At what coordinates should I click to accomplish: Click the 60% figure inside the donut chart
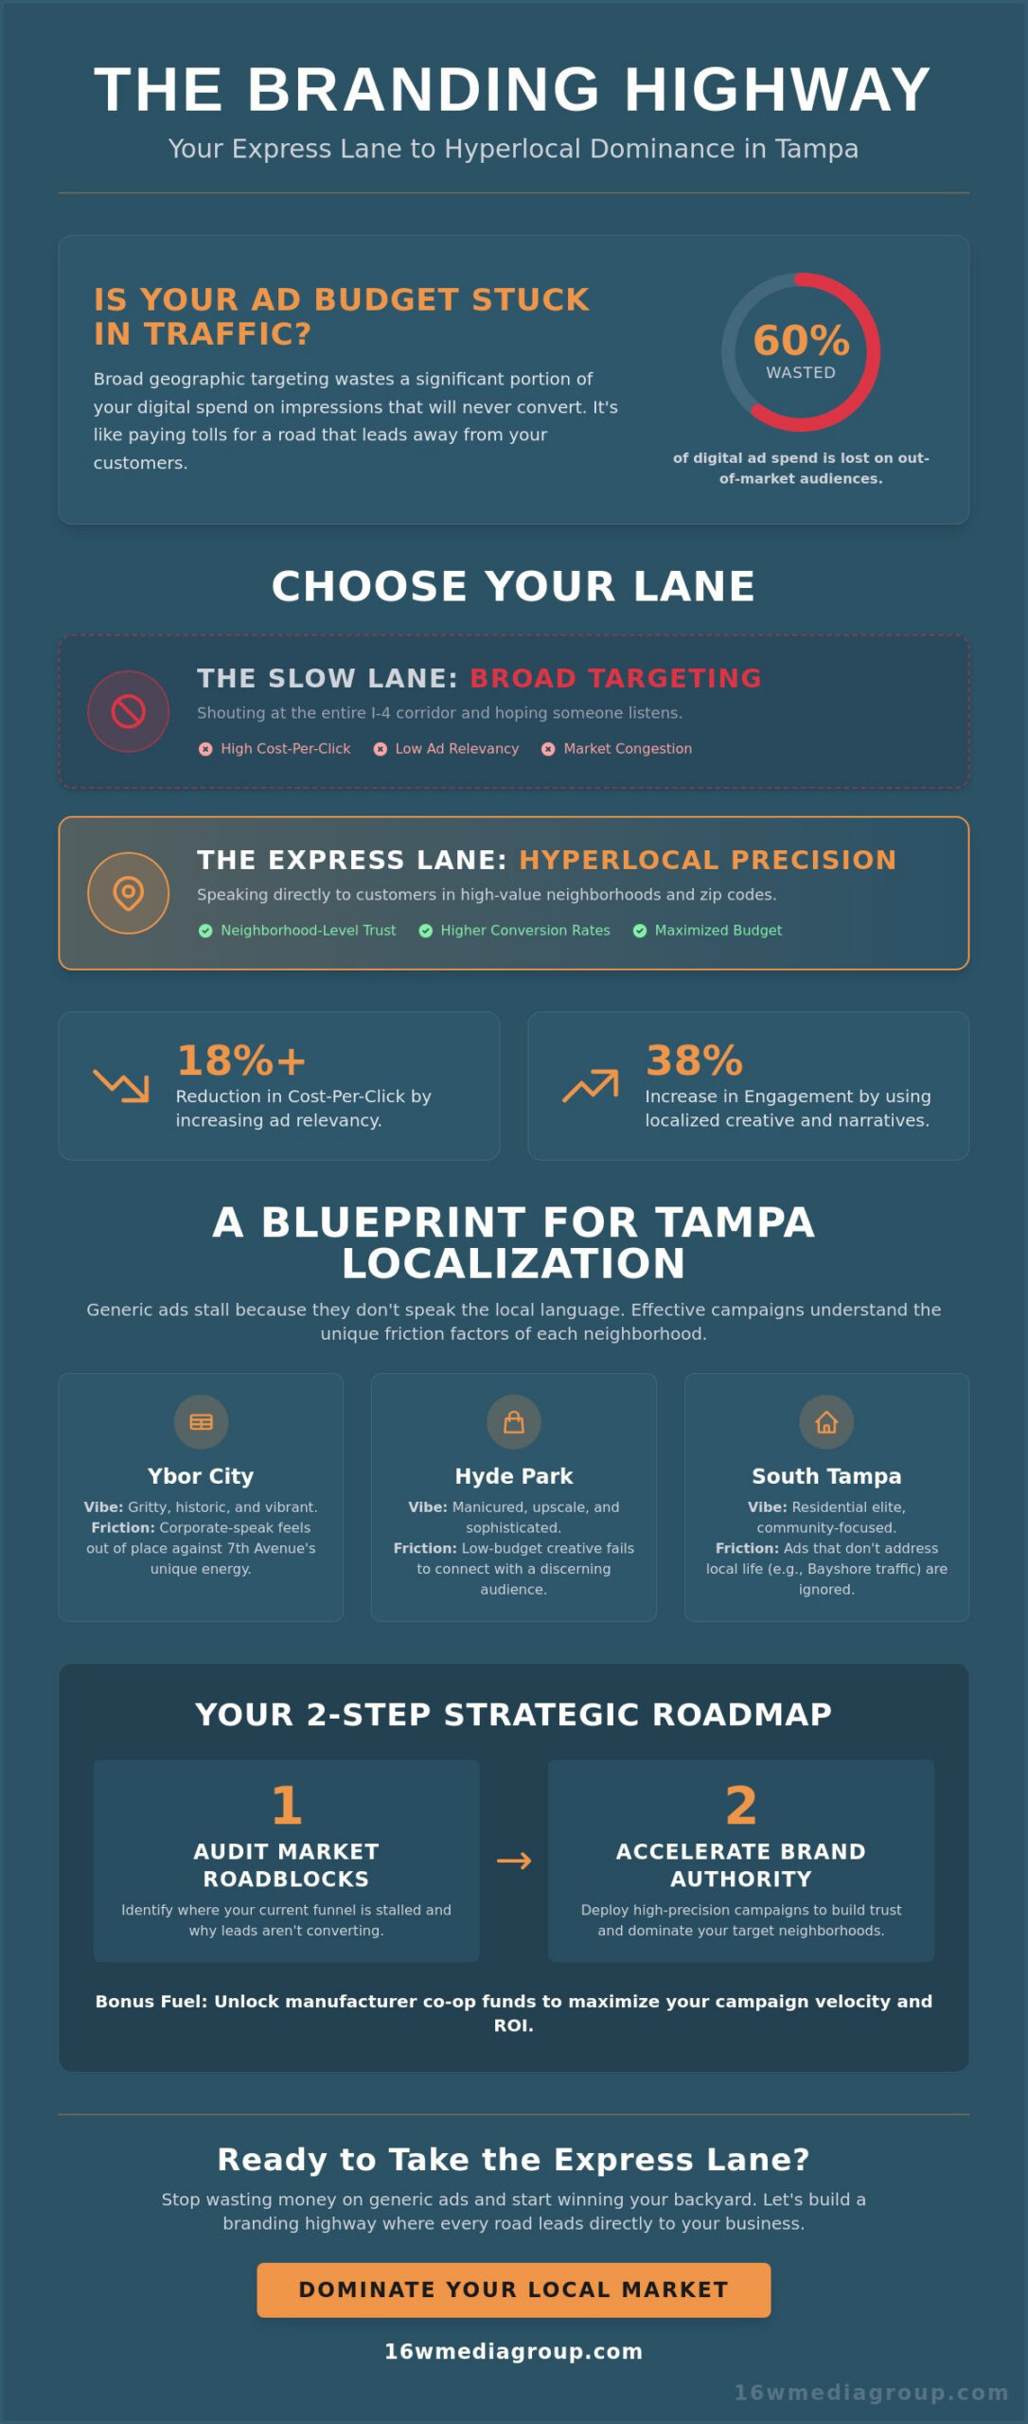tap(801, 341)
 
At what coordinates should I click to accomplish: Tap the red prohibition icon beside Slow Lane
tap(129, 711)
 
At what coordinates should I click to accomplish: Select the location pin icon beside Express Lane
tap(129, 893)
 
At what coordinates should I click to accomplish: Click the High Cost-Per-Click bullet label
tap(285, 749)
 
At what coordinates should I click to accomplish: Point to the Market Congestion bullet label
tap(628, 749)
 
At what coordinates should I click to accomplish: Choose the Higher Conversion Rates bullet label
tap(524, 931)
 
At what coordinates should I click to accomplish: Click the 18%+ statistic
tap(241, 1060)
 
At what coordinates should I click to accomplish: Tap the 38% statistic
tap(694, 1060)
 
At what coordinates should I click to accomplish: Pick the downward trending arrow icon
tap(121, 1085)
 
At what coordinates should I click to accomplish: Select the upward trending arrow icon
tap(591, 1085)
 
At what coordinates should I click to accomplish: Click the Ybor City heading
tap(201, 1476)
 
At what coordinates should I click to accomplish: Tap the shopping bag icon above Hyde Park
tap(514, 1422)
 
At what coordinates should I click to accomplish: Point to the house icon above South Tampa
tap(826, 1422)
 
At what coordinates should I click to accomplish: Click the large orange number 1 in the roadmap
tap(286, 1806)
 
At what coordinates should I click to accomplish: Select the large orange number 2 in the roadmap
tap(741, 1806)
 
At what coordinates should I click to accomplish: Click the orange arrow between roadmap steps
tap(514, 1861)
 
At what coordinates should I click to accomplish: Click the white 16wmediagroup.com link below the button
tap(514, 2351)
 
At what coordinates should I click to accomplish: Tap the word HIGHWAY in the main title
tap(777, 90)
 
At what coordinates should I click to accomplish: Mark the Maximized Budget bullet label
tap(718, 931)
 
